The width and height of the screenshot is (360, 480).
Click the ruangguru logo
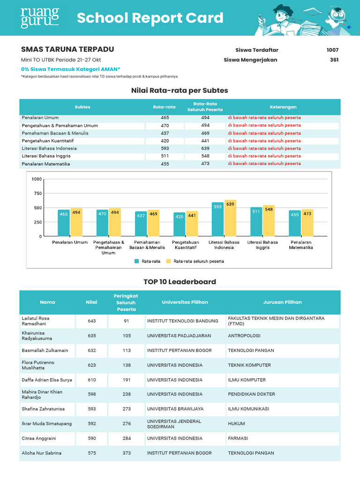(x=40, y=18)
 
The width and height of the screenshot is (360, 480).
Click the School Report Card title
(x=150, y=18)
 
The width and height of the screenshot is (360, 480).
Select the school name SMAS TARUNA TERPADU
(x=67, y=50)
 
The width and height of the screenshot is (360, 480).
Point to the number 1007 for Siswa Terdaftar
(x=332, y=50)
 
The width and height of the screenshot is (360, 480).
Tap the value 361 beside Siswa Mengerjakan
(x=334, y=60)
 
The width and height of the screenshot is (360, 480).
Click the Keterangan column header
(x=283, y=107)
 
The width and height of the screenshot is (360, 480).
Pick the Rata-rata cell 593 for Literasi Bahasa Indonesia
(x=165, y=149)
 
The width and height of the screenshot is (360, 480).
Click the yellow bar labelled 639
(x=230, y=218)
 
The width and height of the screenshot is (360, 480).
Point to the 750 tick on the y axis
(x=37, y=194)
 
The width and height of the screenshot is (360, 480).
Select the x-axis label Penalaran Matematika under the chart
(x=301, y=245)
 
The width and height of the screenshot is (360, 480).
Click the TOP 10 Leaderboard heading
(x=180, y=282)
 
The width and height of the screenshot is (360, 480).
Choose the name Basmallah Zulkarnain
(x=45, y=351)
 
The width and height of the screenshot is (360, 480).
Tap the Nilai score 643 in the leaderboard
(x=91, y=321)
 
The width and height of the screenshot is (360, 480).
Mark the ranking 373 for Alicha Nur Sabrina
(x=127, y=453)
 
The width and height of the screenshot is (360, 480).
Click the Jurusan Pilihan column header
(x=282, y=302)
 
